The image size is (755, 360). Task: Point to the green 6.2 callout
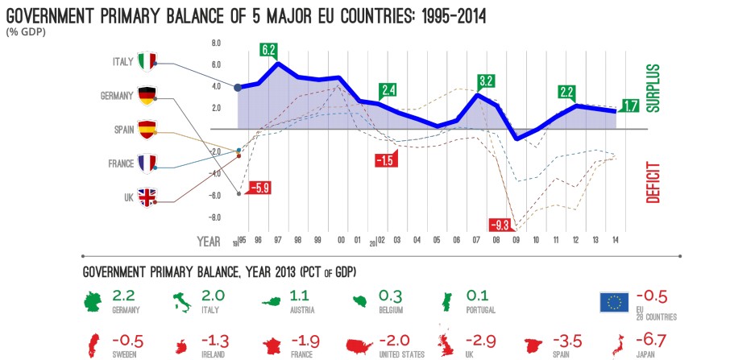click(269, 50)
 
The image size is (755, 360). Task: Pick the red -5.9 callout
click(259, 188)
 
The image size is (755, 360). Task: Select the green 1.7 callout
click(631, 105)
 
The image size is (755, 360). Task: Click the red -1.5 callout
click(385, 159)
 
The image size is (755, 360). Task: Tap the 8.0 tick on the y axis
click(215, 43)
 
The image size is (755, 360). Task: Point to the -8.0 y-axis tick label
click(214, 217)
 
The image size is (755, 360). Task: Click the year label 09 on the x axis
click(516, 240)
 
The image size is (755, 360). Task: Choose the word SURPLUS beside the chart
click(653, 86)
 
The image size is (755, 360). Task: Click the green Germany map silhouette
click(96, 302)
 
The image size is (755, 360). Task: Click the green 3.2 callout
click(485, 81)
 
